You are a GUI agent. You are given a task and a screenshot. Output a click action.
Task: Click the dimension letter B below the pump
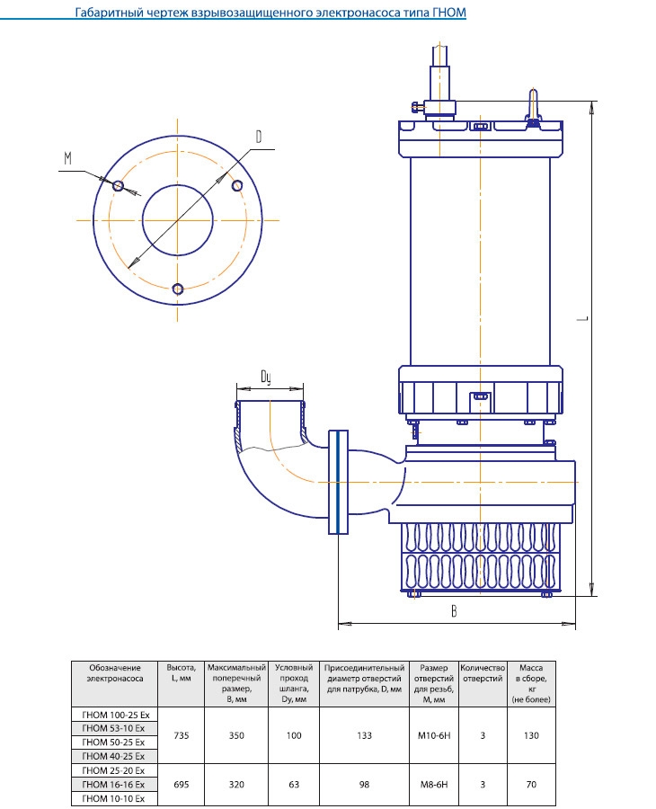click(x=455, y=611)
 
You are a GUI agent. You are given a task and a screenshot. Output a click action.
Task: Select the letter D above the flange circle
click(x=258, y=137)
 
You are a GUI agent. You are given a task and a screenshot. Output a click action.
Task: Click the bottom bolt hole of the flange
click(x=178, y=289)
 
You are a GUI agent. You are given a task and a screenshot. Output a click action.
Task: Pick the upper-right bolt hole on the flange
click(x=237, y=185)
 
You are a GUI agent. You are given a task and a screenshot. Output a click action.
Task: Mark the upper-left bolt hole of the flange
click(x=119, y=186)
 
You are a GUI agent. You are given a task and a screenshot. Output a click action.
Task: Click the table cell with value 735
click(x=182, y=735)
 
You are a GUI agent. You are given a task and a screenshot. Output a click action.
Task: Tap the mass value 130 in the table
click(x=531, y=735)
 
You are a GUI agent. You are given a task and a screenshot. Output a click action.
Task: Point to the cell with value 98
click(x=364, y=785)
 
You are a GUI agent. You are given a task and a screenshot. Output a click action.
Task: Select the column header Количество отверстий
click(x=483, y=673)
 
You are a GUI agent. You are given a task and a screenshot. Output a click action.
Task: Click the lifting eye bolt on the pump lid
click(x=533, y=104)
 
